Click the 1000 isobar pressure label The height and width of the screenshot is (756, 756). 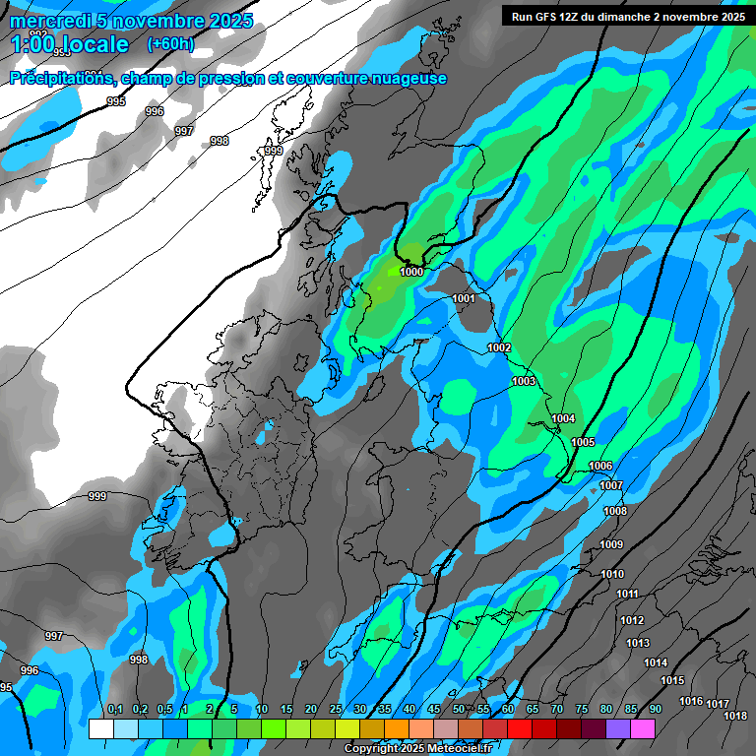(x=411, y=272)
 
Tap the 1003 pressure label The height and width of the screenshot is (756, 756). (x=524, y=381)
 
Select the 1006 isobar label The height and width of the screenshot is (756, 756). (x=600, y=466)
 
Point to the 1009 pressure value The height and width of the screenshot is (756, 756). (x=611, y=544)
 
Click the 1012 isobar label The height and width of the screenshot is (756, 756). (x=632, y=620)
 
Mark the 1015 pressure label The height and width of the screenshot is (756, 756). (x=672, y=680)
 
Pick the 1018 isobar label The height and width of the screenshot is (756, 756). (x=734, y=716)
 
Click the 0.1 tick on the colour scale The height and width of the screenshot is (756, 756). (x=114, y=710)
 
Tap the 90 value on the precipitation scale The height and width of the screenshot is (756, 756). (x=655, y=710)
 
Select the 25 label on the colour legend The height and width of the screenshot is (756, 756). (x=336, y=710)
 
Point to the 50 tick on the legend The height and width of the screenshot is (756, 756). (x=459, y=710)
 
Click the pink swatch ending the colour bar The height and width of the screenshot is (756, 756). (x=643, y=728)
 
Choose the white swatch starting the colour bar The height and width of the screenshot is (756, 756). (x=100, y=728)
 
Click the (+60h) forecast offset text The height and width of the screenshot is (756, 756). (x=170, y=44)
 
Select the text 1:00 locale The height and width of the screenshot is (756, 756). (x=71, y=44)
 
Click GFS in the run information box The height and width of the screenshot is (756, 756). (x=549, y=17)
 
